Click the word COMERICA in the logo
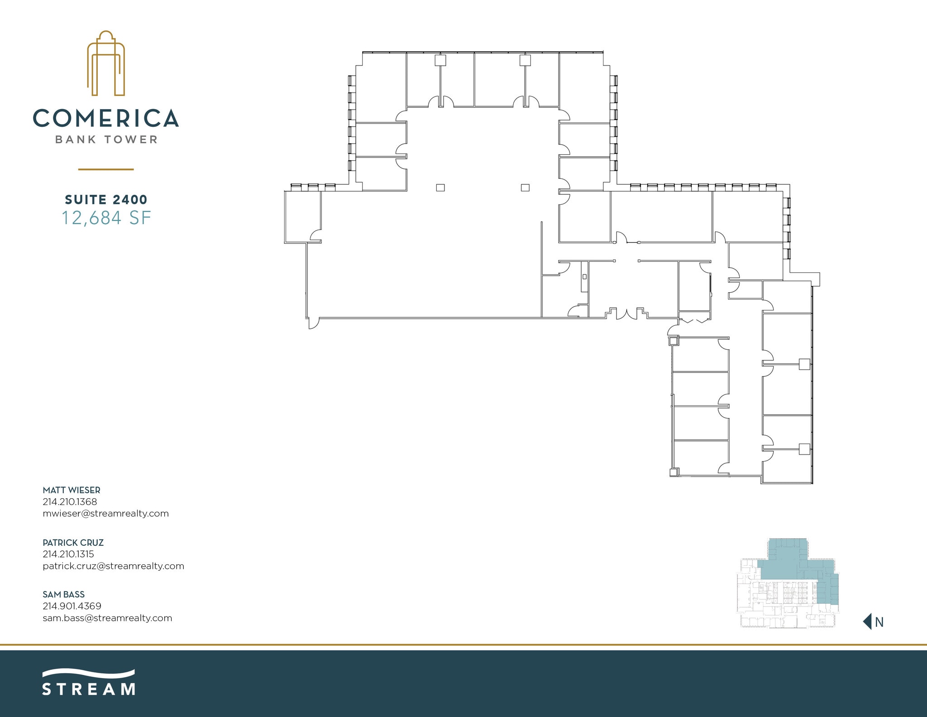pyautogui.click(x=105, y=118)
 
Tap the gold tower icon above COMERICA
pyautogui.click(x=106, y=63)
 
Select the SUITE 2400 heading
pyautogui.click(x=106, y=199)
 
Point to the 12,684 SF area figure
pyautogui.click(x=106, y=218)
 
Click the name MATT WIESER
pyautogui.click(x=72, y=490)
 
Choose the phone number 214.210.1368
pyautogui.click(x=70, y=502)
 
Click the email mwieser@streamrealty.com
pyautogui.click(x=105, y=514)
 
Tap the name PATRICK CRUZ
pyautogui.click(x=73, y=543)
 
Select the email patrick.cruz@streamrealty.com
pyautogui.click(x=113, y=566)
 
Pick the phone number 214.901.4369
pyautogui.click(x=72, y=606)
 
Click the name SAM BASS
pyautogui.click(x=63, y=595)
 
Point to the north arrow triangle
pyautogui.click(x=868, y=621)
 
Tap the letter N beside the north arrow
pyautogui.click(x=879, y=622)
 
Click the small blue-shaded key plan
pyautogui.click(x=788, y=583)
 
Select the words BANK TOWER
pyautogui.click(x=106, y=140)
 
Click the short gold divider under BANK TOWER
pyautogui.click(x=106, y=169)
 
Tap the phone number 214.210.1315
pyautogui.click(x=68, y=554)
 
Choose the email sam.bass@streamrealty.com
pyautogui.click(x=107, y=618)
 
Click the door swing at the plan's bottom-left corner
pyautogui.click(x=313, y=323)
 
